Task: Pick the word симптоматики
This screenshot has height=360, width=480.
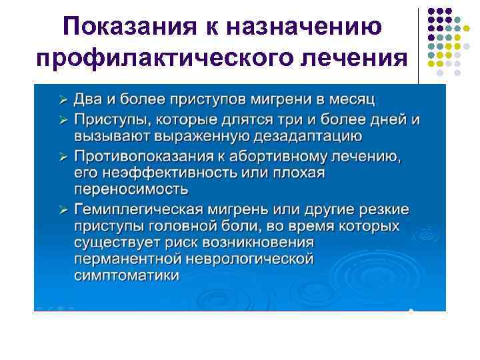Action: (x=127, y=275)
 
